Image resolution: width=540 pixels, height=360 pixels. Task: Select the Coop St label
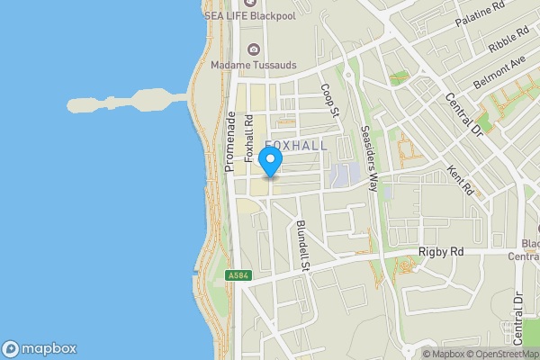(x=328, y=101)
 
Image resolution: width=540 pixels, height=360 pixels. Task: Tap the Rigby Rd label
(x=441, y=253)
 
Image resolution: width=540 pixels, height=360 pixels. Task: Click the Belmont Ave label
(x=499, y=70)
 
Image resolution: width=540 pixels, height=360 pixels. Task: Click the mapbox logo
(x=40, y=349)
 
